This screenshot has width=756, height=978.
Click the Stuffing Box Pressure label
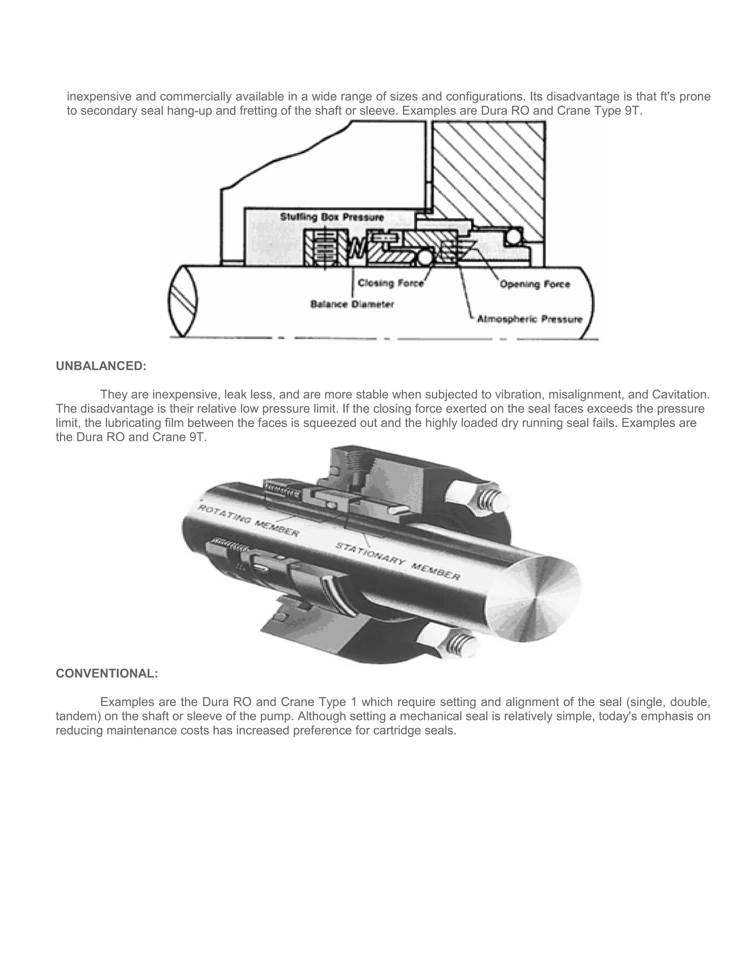point(332,217)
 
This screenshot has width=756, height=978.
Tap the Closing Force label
point(391,283)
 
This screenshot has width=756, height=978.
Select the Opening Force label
point(535,284)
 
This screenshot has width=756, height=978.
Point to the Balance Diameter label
point(352,304)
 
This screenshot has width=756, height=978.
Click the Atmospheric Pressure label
point(529,319)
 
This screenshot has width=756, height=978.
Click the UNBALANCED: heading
point(101,366)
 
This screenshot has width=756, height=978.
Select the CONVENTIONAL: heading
point(107,674)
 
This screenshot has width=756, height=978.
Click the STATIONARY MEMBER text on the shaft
point(398,561)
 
